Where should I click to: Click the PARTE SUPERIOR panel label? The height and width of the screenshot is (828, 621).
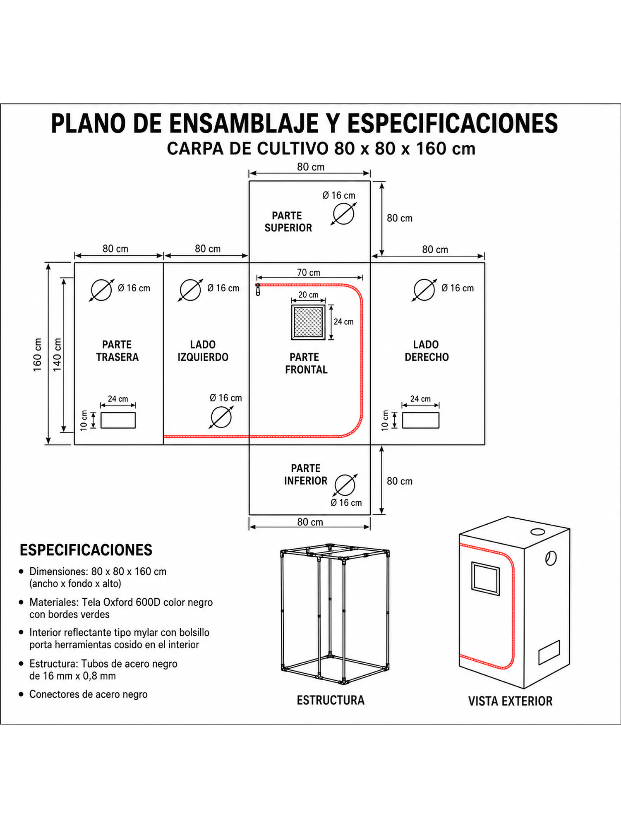pos(288,222)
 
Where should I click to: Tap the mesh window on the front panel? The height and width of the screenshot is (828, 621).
pos(308,322)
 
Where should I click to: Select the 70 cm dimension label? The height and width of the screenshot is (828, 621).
pos(309,273)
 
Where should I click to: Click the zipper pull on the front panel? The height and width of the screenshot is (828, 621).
pos(258,290)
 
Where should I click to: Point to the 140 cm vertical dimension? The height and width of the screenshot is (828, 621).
pos(58,355)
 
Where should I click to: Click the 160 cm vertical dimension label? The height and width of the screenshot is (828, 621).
pos(38,355)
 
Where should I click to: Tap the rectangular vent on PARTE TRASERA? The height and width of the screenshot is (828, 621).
pos(118,420)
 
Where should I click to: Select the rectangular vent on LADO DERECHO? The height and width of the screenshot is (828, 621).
pos(420,420)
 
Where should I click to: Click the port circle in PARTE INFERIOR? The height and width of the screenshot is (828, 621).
pos(345,485)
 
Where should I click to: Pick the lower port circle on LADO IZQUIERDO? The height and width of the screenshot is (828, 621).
pos(221,418)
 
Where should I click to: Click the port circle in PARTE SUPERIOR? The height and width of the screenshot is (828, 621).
pos(343,214)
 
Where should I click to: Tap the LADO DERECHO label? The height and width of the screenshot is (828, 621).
pos(426,351)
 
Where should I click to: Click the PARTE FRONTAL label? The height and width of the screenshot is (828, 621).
pos(306,363)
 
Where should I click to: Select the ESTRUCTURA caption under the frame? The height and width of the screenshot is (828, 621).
pos(330,700)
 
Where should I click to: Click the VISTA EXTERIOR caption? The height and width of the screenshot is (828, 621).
pos(510,701)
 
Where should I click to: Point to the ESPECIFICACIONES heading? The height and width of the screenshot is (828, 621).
pos(86,550)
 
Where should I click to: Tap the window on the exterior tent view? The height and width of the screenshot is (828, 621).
pos(485,579)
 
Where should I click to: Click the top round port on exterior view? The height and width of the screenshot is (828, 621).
pos(538,532)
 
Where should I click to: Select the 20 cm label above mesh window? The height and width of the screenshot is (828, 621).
pos(308,295)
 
